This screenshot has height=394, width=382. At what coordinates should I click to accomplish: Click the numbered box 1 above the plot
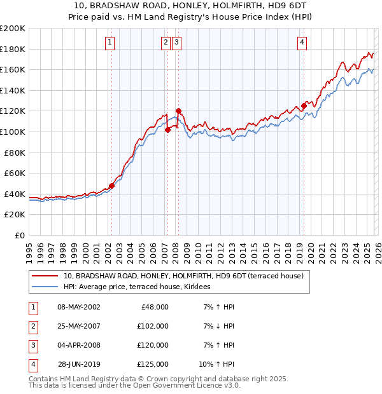pos(110,43)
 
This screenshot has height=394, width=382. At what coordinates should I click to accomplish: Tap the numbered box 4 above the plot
pos(302,43)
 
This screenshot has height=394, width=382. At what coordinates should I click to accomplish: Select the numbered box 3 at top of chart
pos(176,43)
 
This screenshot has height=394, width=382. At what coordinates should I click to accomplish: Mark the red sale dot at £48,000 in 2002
pos(111,186)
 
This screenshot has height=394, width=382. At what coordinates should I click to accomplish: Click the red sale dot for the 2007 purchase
pos(167,130)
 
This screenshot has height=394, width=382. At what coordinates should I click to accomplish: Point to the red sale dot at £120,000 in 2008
pos(178,111)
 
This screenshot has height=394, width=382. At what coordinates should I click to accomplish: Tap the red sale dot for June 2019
pos(304,106)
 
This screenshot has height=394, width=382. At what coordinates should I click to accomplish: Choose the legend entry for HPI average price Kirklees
pos(141,287)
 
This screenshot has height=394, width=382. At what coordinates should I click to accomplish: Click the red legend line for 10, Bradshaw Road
pos(45,276)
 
